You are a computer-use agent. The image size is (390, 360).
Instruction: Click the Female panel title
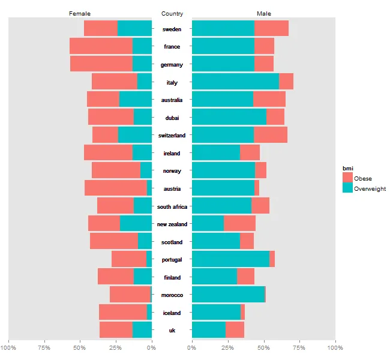click(80, 13)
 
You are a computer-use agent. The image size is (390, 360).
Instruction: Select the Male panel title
click(263, 13)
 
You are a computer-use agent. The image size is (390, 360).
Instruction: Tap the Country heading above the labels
click(172, 13)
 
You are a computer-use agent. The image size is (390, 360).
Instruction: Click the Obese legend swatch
click(347, 178)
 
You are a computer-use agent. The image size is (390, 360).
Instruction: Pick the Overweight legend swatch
click(347, 188)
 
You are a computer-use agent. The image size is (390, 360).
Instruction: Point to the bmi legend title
click(347, 167)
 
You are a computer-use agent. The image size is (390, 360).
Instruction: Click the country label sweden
click(172, 29)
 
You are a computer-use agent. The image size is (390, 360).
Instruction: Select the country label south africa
click(172, 206)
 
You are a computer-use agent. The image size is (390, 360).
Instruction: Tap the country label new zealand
click(172, 224)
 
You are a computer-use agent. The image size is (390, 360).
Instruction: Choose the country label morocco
click(172, 295)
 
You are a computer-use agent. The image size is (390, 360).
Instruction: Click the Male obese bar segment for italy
click(286, 82)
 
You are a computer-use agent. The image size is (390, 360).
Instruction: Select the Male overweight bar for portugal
click(230, 259)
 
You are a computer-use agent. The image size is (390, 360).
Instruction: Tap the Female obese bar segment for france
click(101, 46)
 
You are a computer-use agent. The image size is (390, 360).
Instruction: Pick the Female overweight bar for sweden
click(135, 28)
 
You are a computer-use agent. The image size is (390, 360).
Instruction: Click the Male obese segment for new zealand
click(239, 224)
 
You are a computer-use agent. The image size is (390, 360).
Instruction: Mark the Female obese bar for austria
click(116, 188)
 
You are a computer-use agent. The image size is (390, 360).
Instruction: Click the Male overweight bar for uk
click(209, 330)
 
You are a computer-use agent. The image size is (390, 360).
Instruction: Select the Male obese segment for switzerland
click(271, 135)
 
